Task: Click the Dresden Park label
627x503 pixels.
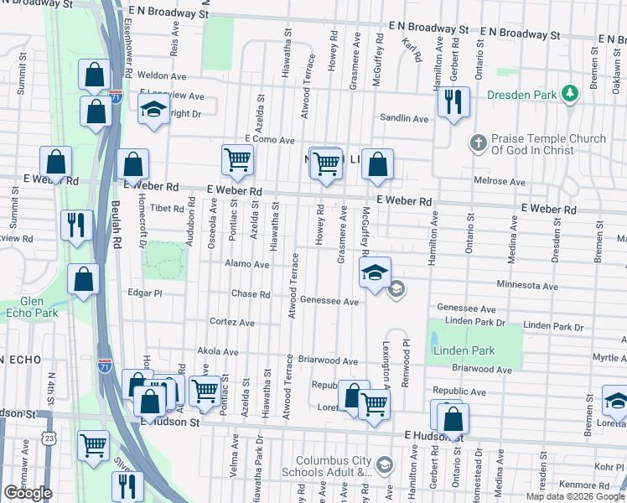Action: tap(521, 95)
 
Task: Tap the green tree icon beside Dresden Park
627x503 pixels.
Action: tap(570, 93)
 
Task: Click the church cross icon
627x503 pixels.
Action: tap(478, 143)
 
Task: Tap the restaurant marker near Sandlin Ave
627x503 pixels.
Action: tap(453, 102)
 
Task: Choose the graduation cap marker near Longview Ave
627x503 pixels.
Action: tap(154, 110)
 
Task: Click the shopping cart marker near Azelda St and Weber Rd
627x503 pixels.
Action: tap(238, 159)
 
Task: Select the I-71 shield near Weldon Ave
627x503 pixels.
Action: tap(117, 96)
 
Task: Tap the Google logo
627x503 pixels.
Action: tap(28, 493)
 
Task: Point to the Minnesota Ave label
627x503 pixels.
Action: tap(527, 286)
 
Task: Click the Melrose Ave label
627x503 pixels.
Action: tap(500, 182)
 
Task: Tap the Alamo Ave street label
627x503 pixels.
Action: tap(247, 264)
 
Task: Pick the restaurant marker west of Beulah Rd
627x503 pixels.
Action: tap(75, 225)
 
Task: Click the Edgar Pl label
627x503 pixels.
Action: tap(145, 294)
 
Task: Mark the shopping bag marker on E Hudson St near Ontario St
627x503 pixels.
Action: tap(452, 420)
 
